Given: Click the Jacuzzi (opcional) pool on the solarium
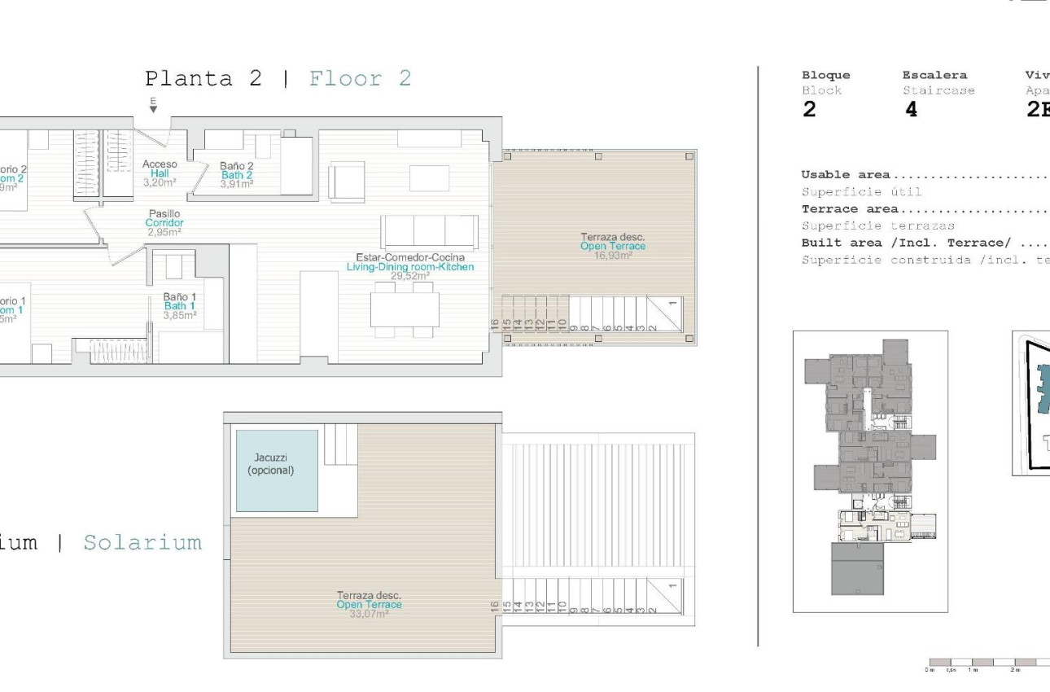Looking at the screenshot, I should point(277,471).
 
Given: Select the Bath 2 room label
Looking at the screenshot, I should point(236,175).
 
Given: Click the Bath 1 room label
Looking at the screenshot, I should point(179,306).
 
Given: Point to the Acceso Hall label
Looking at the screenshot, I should point(159,173).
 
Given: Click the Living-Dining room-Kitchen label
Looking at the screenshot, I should point(409,266).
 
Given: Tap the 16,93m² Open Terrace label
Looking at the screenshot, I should point(612,246).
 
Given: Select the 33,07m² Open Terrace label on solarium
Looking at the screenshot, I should point(369,605).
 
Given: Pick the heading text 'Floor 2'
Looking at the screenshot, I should point(360,79).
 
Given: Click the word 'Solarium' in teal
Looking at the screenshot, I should point(142,543).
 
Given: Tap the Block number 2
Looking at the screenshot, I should point(808,111).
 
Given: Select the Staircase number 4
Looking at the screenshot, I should point(911,111).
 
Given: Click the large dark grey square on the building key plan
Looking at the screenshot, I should point(856,569).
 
